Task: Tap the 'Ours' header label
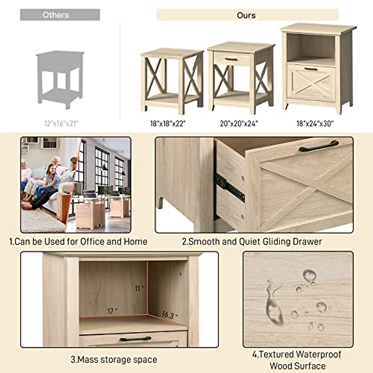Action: click(246, 15)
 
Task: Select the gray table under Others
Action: click(60, 79)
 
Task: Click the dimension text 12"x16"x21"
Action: click(61, 124)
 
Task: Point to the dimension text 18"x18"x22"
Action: click(168, 124)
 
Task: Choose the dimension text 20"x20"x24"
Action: click(239, 124)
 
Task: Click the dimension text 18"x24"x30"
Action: click(315, 124)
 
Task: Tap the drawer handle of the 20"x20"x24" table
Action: click(231, 59)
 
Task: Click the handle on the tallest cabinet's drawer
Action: click(311, 69)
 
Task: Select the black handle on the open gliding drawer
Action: click(319, 146)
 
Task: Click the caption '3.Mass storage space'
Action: click(114, 360)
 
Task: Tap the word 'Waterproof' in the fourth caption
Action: click(319, 354)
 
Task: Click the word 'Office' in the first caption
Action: click(92, 242)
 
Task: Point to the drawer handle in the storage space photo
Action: click(135, 339)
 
